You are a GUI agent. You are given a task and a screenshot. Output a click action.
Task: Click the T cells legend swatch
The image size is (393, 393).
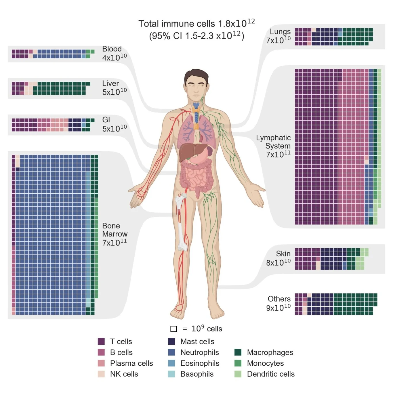pyautogui.click(x=101, y=342)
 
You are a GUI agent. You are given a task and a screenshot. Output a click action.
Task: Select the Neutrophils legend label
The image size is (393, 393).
pyautogui.click(x=199, y=352)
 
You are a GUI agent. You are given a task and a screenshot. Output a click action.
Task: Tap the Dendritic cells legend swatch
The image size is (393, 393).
pyautogui.click(x=238, y=374)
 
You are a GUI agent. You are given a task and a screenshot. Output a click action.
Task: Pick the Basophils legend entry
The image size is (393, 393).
pyautogui.click(x=197, y=374)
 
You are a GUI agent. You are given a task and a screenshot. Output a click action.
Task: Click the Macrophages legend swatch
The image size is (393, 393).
pyautogui.click(x=238, y=352)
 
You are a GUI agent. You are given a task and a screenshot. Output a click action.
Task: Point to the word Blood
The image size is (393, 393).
pyautogui.click(x=112, y=49)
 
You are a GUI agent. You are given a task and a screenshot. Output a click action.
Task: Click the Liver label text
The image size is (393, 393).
pyautogui.click(x=110, y=83)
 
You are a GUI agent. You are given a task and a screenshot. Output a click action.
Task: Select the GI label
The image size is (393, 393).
pyautogui.click(x=106, y=120)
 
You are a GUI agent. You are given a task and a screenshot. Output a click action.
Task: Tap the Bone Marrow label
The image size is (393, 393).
pyautogui.click(x=115, y=230)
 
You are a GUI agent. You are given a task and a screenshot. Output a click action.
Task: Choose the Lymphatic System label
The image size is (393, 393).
pyautogui.click(x=274, y=142)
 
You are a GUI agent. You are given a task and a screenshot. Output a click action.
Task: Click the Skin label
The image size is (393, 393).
pyautogui.click(x=283, y=254)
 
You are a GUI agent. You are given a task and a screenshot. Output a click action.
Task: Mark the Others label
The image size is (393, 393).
pyautogui.click(x=279, y=299)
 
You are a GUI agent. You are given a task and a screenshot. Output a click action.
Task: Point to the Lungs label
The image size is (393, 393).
pyautogui.click(x=280, y=32)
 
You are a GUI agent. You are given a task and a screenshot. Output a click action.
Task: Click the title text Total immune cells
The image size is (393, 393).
pyautogui.click(x=177, y=24)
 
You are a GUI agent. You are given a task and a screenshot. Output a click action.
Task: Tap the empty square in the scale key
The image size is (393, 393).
pyautogui.click(x=173, y=329)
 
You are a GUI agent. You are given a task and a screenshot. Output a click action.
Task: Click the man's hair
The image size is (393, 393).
pyautogui.click(x=196, y=74)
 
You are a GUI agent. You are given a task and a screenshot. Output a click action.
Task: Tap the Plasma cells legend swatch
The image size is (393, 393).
pyautogui.click(x=101, y=363)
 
